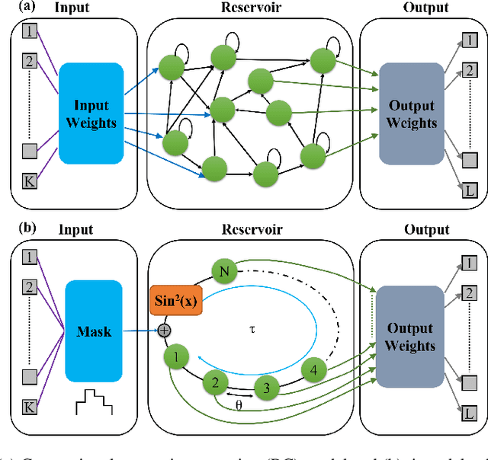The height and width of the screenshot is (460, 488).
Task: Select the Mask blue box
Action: pos(95,331)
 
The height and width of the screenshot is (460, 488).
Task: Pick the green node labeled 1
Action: pos(176,356)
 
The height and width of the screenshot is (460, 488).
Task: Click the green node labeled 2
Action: pos(216,383)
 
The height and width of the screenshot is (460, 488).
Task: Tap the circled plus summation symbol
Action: pos(162,331)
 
